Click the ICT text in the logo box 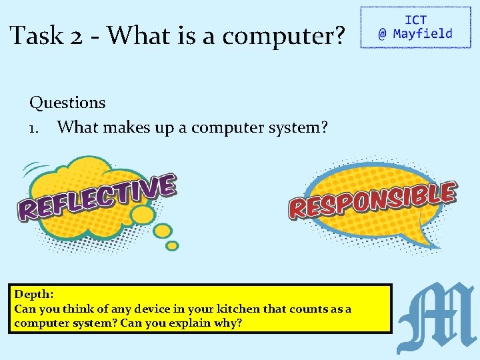415,21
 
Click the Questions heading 67,103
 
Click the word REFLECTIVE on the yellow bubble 97,197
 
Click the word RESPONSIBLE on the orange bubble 372,199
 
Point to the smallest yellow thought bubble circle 172,246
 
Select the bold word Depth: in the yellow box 34,294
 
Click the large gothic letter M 436,318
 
